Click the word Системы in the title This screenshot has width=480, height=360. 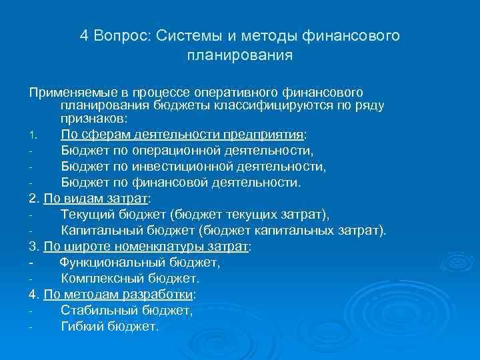point(181,35)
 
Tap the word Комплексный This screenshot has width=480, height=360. point(100,279)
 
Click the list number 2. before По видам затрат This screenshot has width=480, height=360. point(35,199)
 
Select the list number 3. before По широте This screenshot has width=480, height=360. point(35,247)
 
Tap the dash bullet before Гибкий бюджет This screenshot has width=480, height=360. point(31,327)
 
